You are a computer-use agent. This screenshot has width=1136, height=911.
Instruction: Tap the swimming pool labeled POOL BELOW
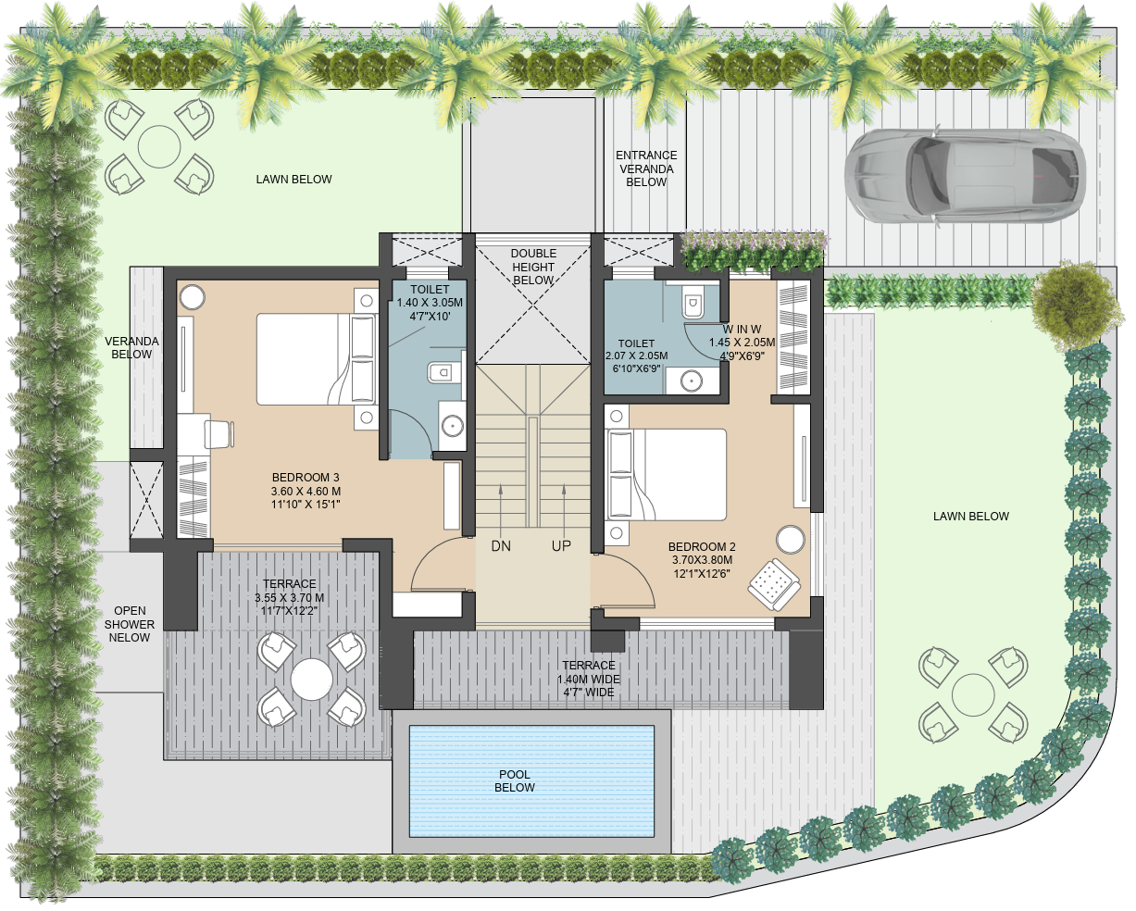[531, 781]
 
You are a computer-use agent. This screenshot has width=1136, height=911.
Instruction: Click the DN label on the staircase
[501, 546]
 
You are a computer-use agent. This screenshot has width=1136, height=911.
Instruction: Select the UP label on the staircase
[561, 546]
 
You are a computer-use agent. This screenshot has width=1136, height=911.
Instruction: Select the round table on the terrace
[311, 680]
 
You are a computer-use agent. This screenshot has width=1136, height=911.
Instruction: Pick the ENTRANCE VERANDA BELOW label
[646, 168]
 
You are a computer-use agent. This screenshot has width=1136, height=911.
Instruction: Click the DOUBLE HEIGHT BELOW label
[533, 267]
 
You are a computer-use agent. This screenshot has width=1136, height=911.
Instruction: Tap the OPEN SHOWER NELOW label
[130, 624]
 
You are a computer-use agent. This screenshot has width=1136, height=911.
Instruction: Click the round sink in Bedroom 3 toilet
[452, 426]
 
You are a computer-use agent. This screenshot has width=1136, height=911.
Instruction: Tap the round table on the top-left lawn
[159, 146]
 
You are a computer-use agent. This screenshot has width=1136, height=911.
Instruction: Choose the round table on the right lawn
[973, 693]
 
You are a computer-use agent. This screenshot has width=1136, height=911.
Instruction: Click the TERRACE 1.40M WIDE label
[588, 679]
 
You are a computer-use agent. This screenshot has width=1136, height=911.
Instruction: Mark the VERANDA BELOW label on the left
[131, 347]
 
